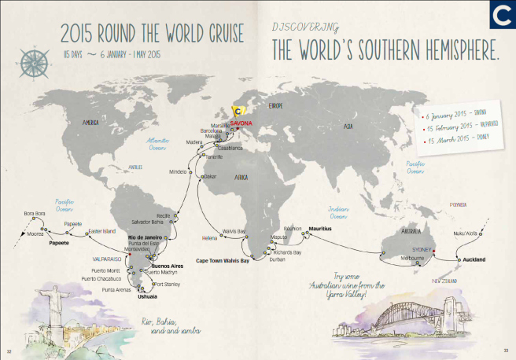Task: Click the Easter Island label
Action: click(101, 231)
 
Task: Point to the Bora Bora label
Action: click(35, 214)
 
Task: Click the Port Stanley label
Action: click(168, 284)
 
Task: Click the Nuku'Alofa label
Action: click(468, 233)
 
